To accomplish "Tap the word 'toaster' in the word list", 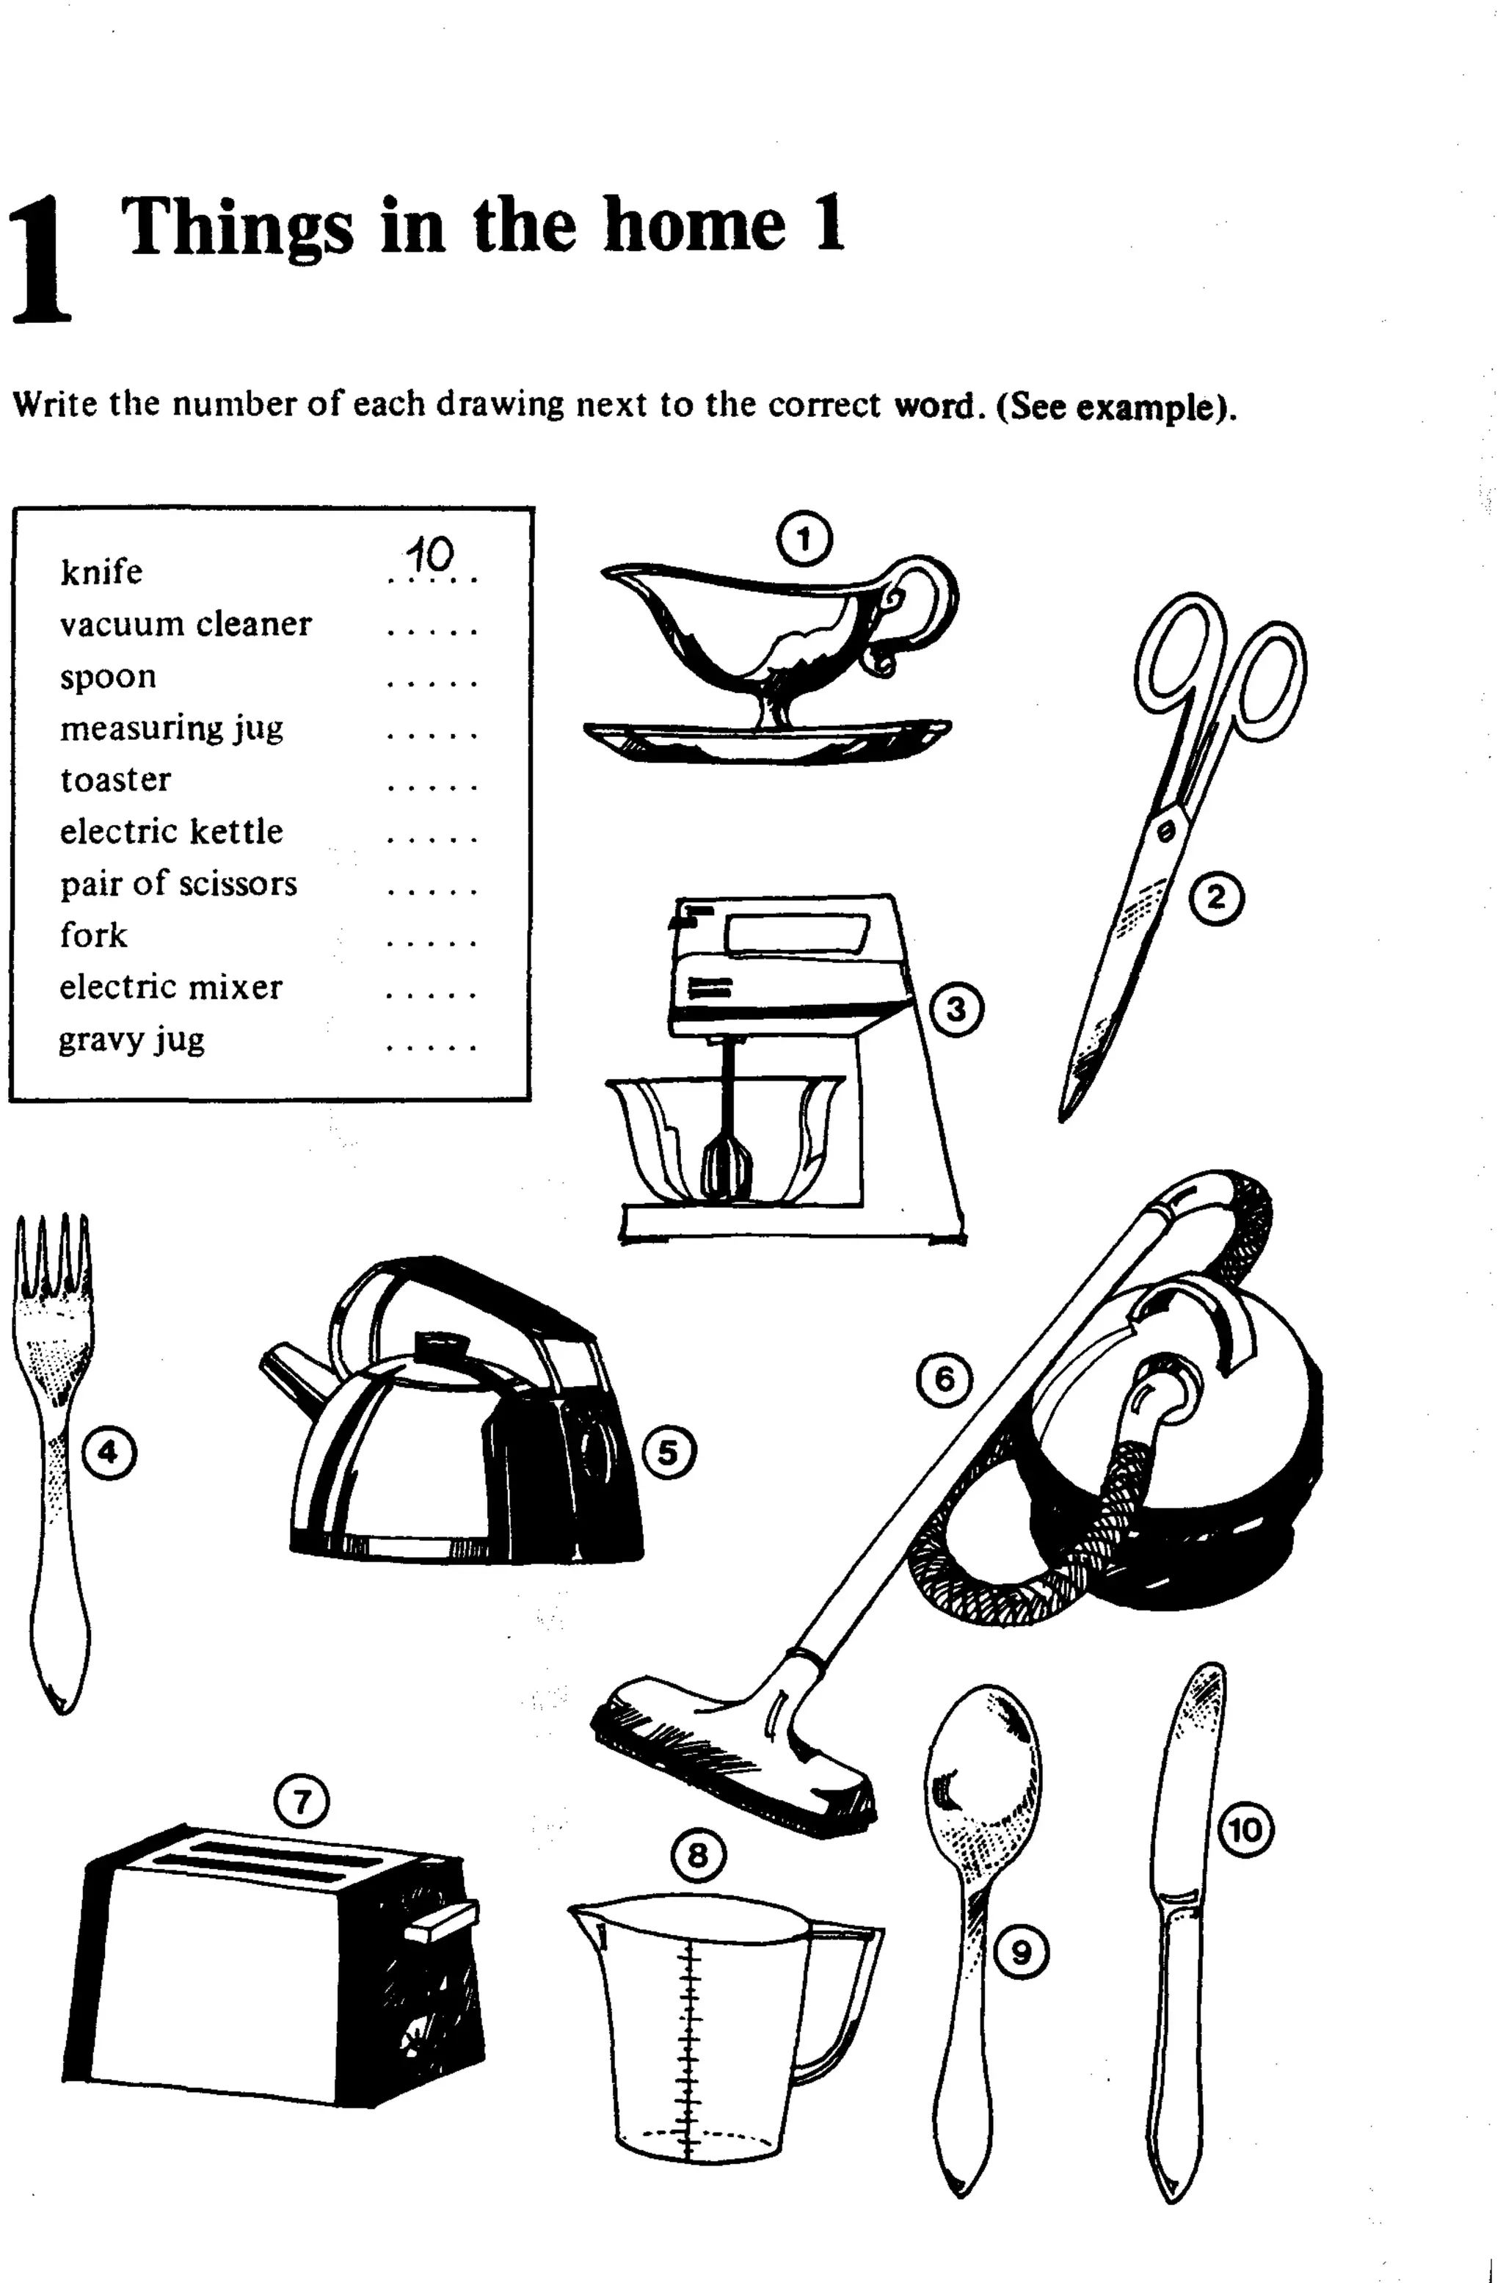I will pyautogui.click(x=115, y=779).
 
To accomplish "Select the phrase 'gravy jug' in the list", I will pyautogui.click(x=131, y=1039).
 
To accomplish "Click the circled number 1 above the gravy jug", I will pyautogui.click(x=804, y=539).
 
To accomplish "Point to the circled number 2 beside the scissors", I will pyautogui.click(x=1216, y=898).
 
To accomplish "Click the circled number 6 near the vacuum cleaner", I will pyautogui.click(x=945, y=1379).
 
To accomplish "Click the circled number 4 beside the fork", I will pyautogui.click(x=109, y=1453).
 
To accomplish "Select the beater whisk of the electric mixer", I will pyautogui.click(x=726, y=1166).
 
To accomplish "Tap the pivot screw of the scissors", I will pyautogui.click(x=1165, y=832).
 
